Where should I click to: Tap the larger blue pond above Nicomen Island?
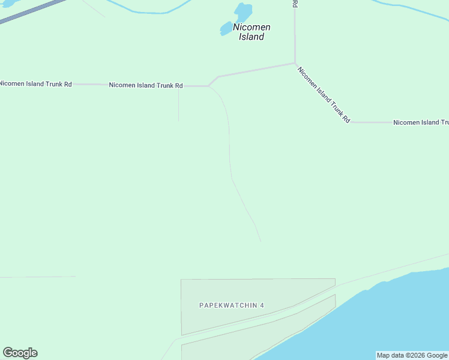coord(243,11)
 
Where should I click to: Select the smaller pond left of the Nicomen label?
coord(226,28)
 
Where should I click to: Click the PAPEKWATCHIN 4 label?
coord(232,305)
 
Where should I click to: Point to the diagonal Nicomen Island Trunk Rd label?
coord(324,94)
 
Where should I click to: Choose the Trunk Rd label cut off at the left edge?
coord(35,84)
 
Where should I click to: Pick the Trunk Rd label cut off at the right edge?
coord(421,122)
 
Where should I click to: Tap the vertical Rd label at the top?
coord(295,4)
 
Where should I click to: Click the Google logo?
coord(20,353)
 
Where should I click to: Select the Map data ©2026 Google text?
coord(412,355)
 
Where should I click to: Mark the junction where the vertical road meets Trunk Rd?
coord(295,63)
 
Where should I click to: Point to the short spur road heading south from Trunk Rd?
coord(178,105)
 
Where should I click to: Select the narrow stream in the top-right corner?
coord(414,10)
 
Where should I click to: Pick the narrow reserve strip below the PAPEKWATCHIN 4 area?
coord(258,336)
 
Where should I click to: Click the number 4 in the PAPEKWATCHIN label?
coord(262,305)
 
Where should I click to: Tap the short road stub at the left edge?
coord(36,277)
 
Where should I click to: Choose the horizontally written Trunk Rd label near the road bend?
coord(145,86)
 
